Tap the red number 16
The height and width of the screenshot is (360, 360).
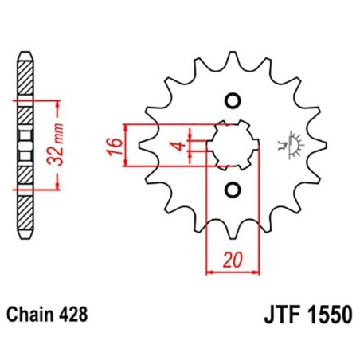[115, 146]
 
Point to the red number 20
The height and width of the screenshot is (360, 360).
[231, 260]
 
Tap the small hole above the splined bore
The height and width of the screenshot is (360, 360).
[233, 101]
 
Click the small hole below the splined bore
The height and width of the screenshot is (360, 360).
[233, 190]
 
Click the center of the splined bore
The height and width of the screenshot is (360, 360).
[232, 145]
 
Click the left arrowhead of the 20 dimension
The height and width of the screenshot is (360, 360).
[209, 272]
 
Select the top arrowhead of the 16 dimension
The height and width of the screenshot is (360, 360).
[127, 128]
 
